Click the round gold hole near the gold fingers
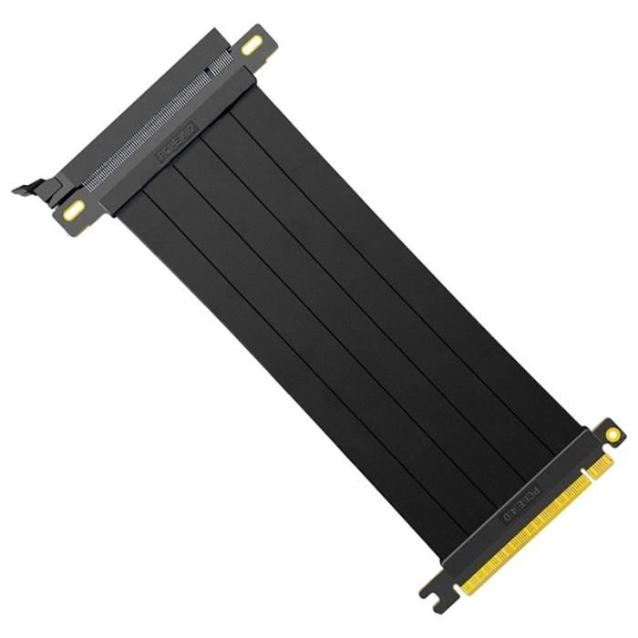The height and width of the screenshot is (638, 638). [609, 436]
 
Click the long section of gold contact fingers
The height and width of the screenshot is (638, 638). [520, 547]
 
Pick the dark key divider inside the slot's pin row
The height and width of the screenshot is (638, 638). [209, 70]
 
